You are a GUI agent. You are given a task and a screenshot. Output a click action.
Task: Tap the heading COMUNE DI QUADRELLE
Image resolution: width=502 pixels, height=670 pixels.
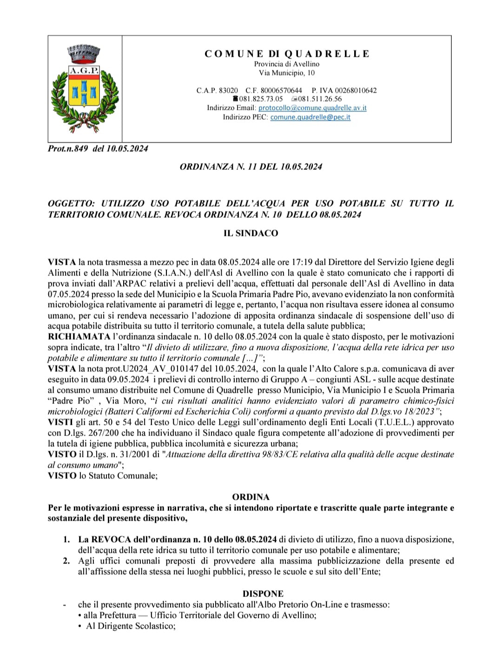coord(287,54)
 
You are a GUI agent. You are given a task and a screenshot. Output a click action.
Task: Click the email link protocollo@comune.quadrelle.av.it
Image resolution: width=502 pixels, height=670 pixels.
coord(312,108)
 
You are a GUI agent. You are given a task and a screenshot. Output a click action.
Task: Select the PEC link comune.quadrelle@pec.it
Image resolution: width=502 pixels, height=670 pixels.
coord(310,117)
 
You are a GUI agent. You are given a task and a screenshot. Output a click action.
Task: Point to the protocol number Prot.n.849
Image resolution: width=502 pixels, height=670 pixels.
coord(68,149)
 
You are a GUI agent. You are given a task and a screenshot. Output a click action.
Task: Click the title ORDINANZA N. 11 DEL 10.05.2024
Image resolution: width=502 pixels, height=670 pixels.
coord(251,167)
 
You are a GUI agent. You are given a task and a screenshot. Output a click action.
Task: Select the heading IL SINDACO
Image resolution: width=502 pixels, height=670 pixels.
coord(251,233)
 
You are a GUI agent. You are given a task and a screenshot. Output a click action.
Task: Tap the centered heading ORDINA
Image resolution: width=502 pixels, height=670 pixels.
coord(251,497)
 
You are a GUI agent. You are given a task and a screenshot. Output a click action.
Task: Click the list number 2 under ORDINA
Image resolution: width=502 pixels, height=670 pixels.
coord(66,561)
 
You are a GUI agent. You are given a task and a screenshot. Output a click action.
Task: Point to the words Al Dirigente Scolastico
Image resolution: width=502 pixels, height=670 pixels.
coord(131,626)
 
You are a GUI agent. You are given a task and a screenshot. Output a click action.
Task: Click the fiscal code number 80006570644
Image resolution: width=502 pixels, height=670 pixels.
coord(281,90)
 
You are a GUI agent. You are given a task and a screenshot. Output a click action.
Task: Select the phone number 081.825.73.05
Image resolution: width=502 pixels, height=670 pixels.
coord(261,99)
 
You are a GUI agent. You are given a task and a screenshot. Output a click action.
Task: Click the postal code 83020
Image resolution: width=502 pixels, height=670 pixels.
coord(228,90)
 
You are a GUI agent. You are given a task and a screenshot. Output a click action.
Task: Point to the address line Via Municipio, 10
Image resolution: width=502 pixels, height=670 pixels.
coord(286,73)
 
